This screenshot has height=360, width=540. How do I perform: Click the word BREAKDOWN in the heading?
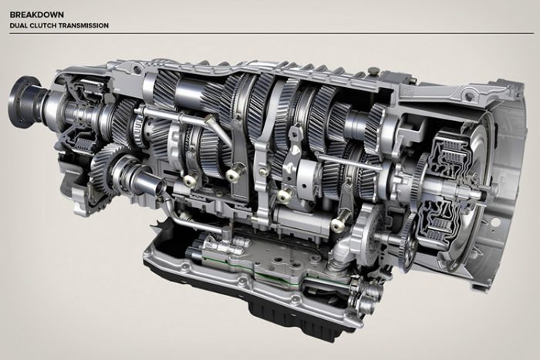(37, 15)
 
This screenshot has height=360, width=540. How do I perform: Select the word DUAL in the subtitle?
(16, 25)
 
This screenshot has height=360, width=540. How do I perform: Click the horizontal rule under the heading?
(272, 33)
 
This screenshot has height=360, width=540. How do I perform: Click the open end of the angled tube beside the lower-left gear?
(158, 189)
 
